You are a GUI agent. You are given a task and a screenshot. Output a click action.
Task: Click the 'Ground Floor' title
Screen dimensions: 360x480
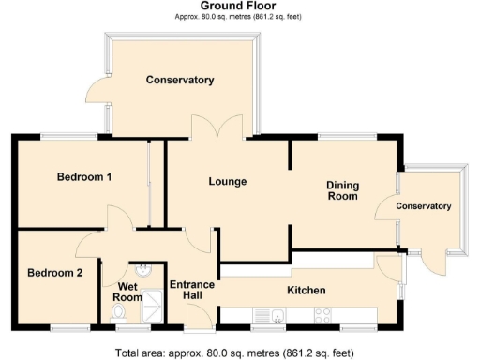coord(239,7)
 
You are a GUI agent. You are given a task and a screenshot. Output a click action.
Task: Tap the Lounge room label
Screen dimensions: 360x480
coord(227,181)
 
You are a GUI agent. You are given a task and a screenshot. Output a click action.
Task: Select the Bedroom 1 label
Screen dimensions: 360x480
coord(84,176)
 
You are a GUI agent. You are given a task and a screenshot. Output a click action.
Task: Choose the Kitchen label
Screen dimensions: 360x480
coord(306,290)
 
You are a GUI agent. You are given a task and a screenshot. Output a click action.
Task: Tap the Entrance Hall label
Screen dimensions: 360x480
coord(192,290)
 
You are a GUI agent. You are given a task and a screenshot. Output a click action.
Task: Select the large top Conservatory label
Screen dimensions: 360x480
coord(180,80)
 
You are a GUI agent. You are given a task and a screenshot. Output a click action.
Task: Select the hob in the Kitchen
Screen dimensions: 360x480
coord(321,316)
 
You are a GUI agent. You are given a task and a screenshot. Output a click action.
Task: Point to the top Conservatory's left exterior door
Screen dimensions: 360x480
coord(97,90)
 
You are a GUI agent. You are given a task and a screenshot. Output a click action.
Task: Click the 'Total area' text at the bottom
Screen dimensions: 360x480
coord(234,353)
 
